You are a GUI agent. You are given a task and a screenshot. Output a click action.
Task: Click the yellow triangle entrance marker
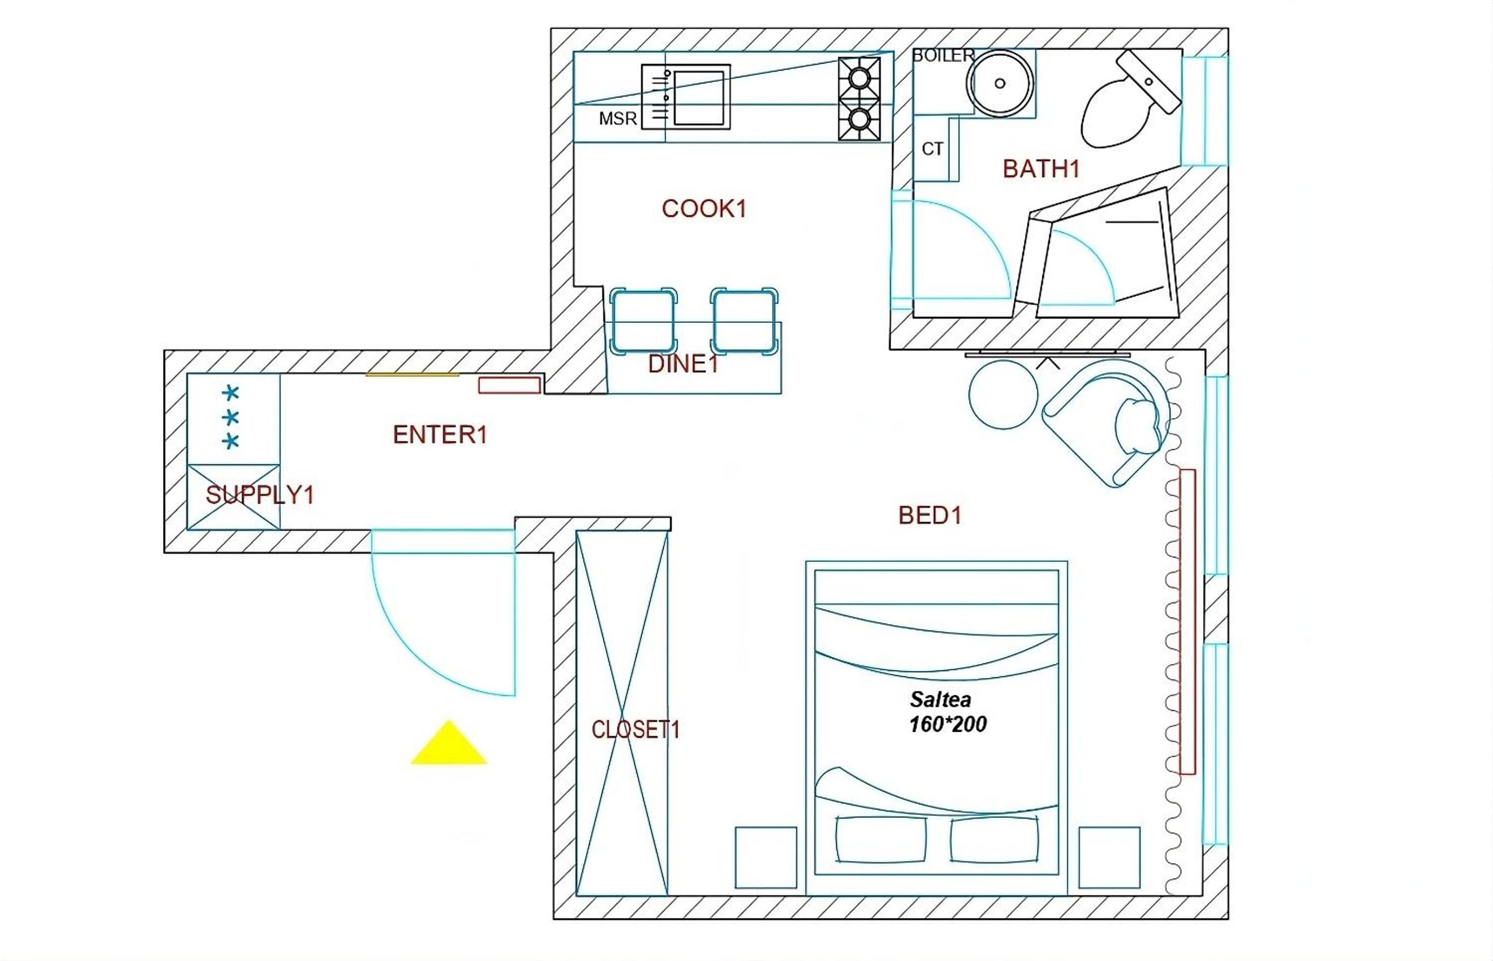(x=449, y=744)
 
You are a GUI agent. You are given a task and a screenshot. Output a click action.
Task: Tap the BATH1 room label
(x=1041, y=168)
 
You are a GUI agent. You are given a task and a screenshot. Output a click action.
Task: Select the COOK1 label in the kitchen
(x=704, y=208)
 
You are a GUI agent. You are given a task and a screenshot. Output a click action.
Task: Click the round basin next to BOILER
(x=1000, y=83)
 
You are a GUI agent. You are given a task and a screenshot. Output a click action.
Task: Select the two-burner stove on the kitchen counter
(x=859, y=98)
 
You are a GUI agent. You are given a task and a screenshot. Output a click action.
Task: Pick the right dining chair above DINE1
(x=744, y=321)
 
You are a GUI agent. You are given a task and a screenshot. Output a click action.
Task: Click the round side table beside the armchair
(x=1003, y=394)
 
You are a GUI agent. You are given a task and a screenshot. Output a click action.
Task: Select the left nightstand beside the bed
(x=766, y=857)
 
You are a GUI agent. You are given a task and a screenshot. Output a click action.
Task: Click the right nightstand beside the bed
(x=1110, y=857)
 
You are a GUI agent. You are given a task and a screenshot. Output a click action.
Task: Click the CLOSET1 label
(x=636, y=730)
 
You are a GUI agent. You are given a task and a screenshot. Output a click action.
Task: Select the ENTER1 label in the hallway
(x=439, y=435)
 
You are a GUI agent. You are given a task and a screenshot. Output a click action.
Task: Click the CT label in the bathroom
(x=933, y=149)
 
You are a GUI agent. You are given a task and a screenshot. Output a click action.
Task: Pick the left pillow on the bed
(x=880, y=839)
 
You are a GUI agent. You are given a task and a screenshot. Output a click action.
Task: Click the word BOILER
(x=943, y=55)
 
